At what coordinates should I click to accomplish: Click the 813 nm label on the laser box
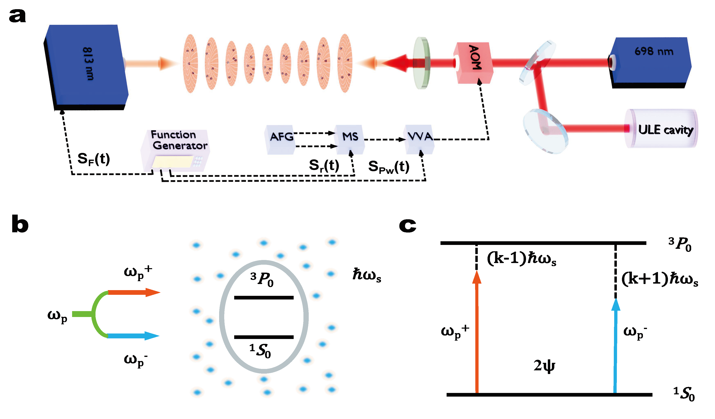(x=88, y=64)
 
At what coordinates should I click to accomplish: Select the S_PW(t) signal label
(x=389, y=167)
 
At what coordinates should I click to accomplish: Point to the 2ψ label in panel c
(x=544, y=366)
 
